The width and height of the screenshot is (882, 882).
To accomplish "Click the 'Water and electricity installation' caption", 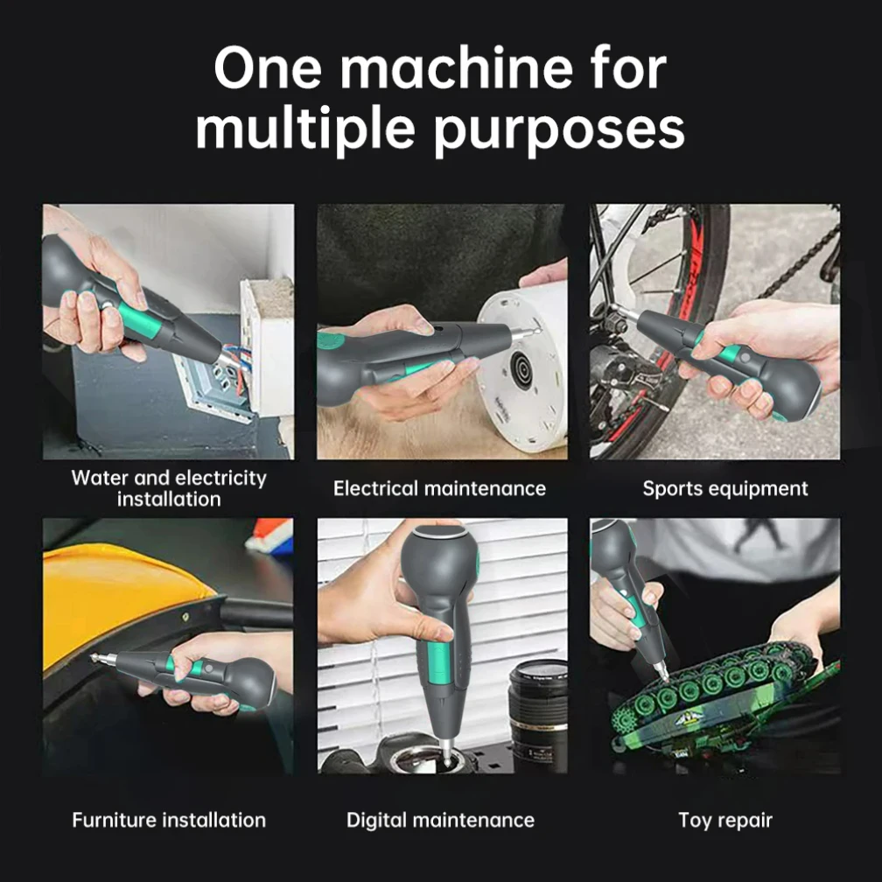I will (169, 488).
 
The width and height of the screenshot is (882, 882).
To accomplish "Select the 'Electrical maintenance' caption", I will (439, 488).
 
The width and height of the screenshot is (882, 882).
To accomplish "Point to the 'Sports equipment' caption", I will (725, 488).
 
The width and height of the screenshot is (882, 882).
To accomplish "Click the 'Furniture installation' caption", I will (169, 820).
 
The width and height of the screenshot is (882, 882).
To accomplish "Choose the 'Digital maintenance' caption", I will (440, 820).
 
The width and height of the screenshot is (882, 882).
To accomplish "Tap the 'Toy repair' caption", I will (725, 820).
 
